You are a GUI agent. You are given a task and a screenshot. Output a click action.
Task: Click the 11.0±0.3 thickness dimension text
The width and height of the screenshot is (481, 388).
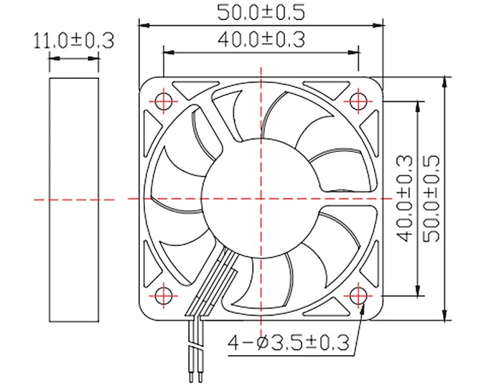point(74,40)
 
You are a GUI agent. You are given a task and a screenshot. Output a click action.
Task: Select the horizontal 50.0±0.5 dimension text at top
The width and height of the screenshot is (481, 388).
point(261,13)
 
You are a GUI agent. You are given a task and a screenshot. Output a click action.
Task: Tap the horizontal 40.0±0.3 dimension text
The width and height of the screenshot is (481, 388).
point(261,39)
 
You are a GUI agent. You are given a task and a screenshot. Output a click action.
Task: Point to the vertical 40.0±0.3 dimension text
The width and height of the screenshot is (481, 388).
point(404,198)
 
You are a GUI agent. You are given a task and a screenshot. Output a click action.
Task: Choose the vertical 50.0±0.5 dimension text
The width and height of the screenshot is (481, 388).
point(431,198)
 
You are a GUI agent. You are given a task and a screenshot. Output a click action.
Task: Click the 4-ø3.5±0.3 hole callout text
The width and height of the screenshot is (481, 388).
point(289,343)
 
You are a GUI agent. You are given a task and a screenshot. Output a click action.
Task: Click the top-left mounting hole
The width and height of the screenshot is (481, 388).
point(164,101)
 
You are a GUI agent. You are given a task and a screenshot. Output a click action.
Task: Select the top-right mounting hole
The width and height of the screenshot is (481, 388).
point(358,101)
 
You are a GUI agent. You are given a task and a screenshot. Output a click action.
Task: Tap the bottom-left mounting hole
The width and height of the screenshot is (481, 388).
point(164,295)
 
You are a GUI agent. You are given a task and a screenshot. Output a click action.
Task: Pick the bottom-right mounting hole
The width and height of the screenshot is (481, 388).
point(358,295)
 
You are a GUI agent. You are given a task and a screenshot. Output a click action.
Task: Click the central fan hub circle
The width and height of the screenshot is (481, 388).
point(261,198)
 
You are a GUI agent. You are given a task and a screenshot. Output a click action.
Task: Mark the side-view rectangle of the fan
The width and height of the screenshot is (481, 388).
point(74,199)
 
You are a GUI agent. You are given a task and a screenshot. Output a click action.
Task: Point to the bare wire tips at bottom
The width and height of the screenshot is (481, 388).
point(196,377)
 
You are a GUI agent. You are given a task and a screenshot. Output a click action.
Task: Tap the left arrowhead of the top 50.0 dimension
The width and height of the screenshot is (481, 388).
point(144,25)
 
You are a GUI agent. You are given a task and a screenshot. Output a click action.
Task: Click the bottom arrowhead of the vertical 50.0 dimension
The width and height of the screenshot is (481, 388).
point(444,316)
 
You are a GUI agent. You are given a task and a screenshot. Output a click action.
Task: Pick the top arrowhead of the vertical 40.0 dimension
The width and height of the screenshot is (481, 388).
point(417,107)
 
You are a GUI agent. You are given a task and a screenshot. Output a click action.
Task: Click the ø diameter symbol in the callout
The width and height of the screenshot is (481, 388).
point(263,343)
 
